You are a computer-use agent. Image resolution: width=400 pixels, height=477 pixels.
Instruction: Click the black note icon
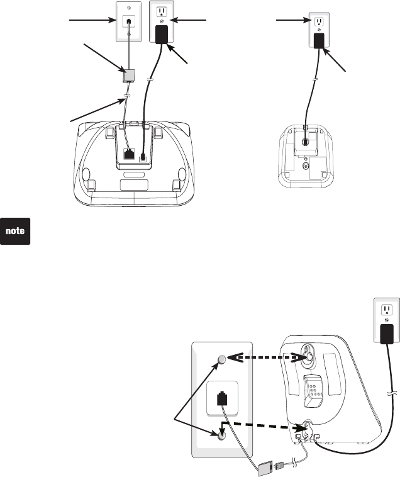[x=16, y=232]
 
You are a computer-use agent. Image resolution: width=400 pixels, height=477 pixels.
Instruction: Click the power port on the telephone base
[x=145, y=154]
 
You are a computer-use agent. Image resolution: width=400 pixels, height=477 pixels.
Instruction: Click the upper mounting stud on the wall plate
[x=220, y=360]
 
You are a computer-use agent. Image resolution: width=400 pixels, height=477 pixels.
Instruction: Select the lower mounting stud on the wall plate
[x=220, y=434]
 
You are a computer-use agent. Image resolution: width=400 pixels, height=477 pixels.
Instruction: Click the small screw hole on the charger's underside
[x=306, y=167]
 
